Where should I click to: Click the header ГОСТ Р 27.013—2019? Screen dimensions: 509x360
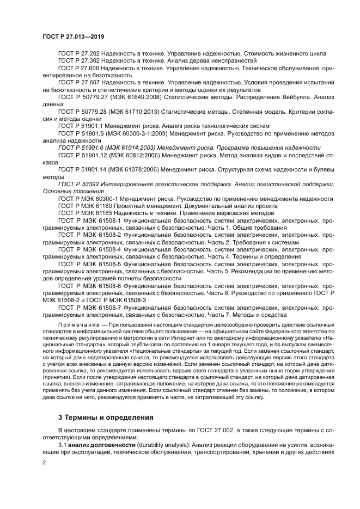[x=73, y=36]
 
